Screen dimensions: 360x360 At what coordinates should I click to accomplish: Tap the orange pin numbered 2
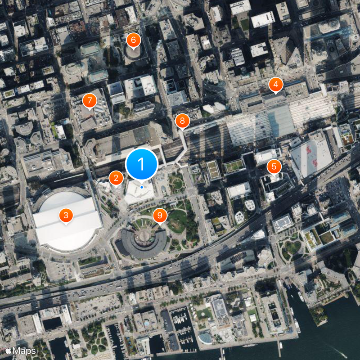coord(116,178)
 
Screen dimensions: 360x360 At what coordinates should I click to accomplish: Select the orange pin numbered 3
coord(66,216)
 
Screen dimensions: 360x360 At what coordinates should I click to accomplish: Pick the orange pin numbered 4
coord(275,84)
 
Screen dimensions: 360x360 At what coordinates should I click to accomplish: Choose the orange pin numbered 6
coord(133,40)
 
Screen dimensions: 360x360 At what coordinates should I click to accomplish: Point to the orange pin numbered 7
coord(90,100)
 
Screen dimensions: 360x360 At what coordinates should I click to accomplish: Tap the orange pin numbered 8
coord(182,121)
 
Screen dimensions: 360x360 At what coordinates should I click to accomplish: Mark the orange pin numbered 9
coord(159,216)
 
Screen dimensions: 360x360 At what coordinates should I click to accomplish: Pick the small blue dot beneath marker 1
coord(142,187)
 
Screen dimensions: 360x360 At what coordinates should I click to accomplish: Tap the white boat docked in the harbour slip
coord(301,296)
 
